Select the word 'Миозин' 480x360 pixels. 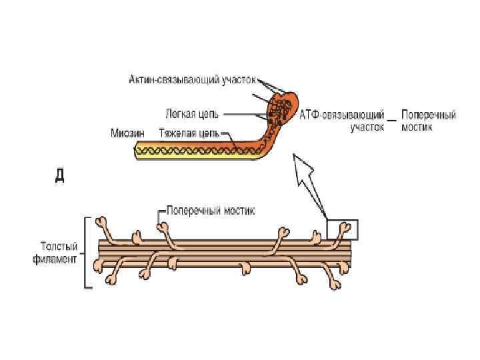pos(127,133)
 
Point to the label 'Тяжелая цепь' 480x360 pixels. pos(189,133)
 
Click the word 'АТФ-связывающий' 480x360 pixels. pos(343,115)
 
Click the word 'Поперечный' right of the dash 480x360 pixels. pos(429,115)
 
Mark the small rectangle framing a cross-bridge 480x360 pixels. pos(343,229)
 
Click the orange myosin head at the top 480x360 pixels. pos(281,107)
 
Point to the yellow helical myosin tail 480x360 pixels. pos(193,151)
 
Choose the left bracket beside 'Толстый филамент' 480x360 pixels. pos(85,252)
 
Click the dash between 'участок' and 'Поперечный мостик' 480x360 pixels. pos(393,121)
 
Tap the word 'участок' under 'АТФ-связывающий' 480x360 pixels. pos(367,127)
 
